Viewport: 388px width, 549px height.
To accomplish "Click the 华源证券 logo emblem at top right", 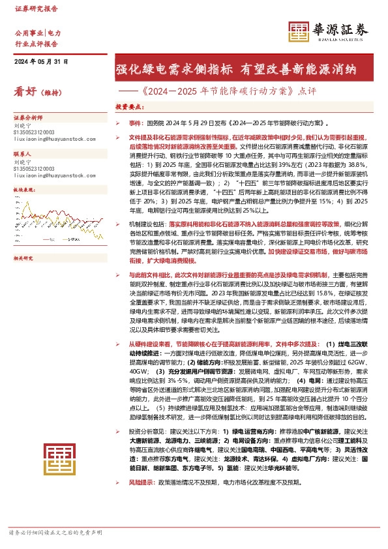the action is [299, 32].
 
